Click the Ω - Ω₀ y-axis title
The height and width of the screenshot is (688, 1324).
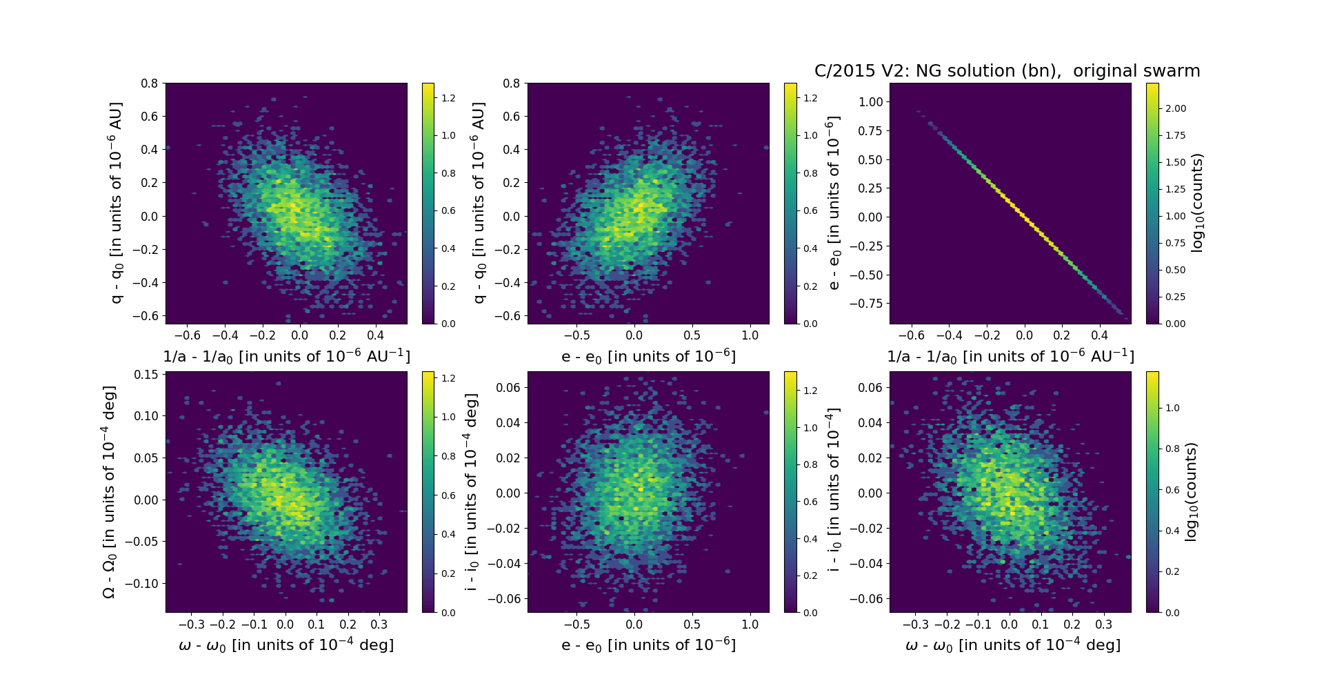click(109, 491)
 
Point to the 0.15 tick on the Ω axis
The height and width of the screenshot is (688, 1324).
click(147, 374)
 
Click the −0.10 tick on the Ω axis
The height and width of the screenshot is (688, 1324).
click(144, 583)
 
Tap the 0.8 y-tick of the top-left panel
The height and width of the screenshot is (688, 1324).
click(150, 83)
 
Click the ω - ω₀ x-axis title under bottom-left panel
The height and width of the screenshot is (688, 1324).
click(286, 645)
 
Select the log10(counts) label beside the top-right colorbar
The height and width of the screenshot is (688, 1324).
click(1197, 203)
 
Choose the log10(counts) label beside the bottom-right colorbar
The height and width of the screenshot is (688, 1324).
click(1191, 491)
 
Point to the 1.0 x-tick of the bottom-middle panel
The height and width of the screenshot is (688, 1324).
click(750, 625)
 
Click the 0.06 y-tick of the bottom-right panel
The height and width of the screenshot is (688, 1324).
click(870, 387)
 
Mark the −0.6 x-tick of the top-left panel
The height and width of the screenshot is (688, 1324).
click(187, 335)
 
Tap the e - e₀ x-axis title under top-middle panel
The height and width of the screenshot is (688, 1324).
click(648, 356)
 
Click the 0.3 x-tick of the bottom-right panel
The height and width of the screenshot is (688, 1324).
click(1103, 625)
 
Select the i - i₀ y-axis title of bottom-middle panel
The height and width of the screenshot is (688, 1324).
click(472, 491)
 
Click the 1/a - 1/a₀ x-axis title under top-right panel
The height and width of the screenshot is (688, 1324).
click(1010, 356)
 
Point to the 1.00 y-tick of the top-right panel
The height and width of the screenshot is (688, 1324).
click(870, 101)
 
